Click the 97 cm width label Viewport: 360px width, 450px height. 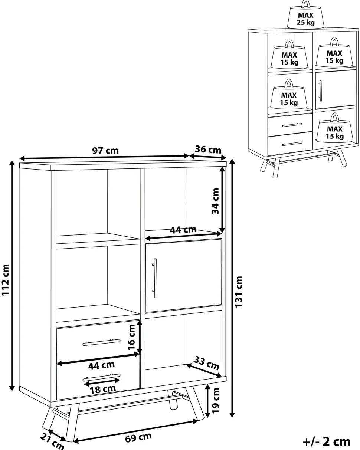[105, 151]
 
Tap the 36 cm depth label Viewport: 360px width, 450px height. [208, 150]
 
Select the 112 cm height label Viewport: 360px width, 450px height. [5, 280]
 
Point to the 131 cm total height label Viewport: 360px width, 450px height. [239, 292]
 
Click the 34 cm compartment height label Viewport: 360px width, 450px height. [215, 201]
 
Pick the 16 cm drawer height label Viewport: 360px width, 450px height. [132, 337]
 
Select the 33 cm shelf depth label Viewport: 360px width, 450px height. [206, 363]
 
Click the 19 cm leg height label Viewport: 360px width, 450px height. [216, 400]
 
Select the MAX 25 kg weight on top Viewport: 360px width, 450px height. [305, 14]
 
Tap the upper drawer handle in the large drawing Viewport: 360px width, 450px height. [101, 342]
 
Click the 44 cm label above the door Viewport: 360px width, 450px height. [183, 230]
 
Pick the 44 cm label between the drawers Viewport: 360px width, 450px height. [101, 365]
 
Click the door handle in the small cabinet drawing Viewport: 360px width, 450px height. [320, 91]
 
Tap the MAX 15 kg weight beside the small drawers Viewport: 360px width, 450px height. [334, 128]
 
